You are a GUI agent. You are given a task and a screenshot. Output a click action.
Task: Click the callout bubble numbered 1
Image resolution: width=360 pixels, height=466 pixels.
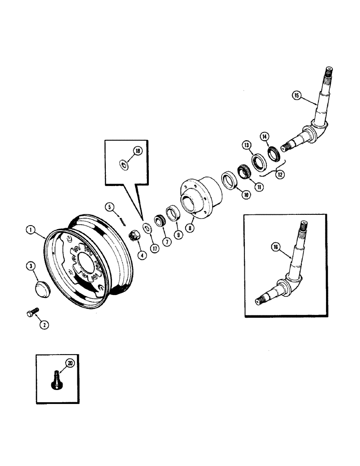coord(30,229)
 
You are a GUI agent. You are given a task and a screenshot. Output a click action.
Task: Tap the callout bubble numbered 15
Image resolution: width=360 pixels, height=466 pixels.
coord(297,96)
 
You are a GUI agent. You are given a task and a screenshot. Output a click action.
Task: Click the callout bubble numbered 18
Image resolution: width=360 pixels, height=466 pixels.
coord(138,151)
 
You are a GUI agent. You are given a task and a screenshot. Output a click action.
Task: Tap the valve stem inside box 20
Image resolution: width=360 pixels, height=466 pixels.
coord(55,377)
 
